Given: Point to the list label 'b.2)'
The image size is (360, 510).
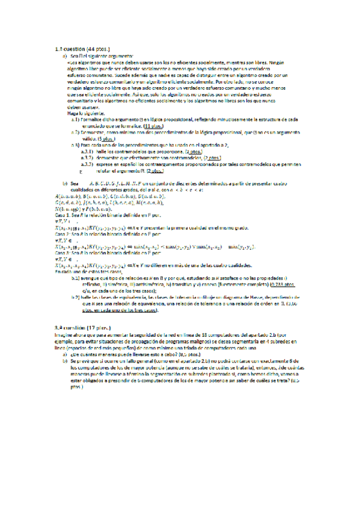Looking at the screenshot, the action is tap(76, 297).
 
